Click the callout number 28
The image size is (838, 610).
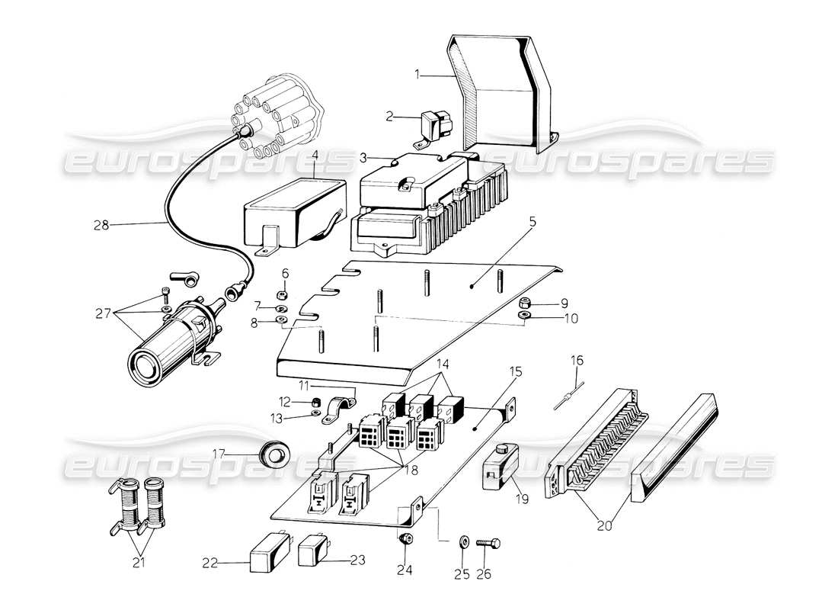pyautogui.click(x=101, y=225)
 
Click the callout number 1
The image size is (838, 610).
pyautogui.click(x=417, y=75)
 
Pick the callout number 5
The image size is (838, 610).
pyautogui.click(x=533, y=223)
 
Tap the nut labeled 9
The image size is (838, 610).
pyautogui.click(x=523, y=303)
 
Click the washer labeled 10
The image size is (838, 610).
pyautogui.click(x=523, y=316)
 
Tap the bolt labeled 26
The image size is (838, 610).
pyautogui.click(x=486, y=543)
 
